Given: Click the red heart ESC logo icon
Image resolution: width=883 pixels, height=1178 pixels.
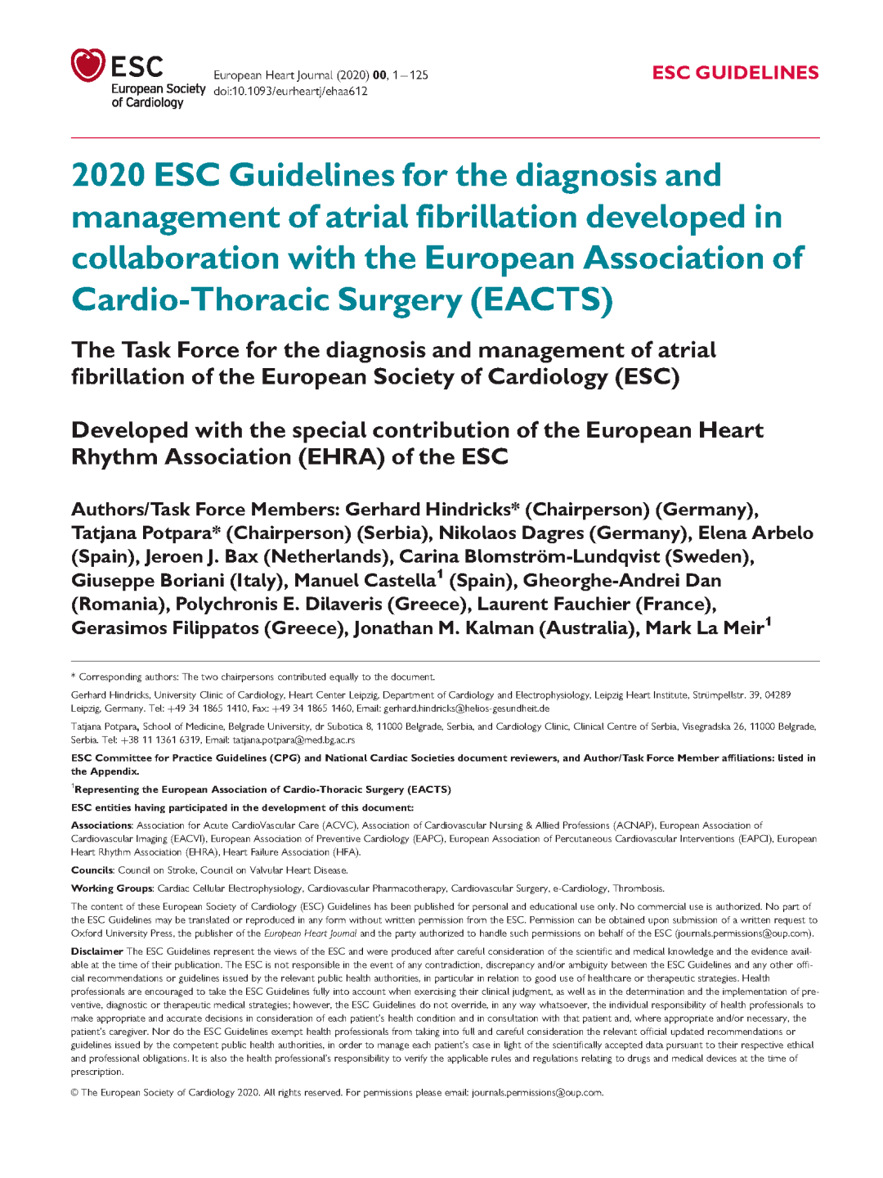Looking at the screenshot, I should (87, 65).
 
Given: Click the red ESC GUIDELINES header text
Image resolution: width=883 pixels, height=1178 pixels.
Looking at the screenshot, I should (735, 73).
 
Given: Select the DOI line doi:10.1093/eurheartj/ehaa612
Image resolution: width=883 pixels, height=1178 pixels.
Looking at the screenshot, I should (290, 91).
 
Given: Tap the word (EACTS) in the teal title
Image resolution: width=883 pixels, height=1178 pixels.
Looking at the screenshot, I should (541, 299).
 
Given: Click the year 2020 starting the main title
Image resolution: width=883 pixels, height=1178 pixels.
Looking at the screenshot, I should (108, 175).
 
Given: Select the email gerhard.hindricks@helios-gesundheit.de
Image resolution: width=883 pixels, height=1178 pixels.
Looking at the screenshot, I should (466, 708).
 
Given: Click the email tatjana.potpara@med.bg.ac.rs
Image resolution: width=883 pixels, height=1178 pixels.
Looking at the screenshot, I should (294, 740).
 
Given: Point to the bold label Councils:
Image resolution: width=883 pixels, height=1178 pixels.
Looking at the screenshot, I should (92, 870).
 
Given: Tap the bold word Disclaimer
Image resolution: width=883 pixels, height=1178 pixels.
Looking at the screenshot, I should (96, 951).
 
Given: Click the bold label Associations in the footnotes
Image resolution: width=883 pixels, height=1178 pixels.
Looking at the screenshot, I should (101, 825).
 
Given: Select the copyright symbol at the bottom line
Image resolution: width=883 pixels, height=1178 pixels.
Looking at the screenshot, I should (74, 1093).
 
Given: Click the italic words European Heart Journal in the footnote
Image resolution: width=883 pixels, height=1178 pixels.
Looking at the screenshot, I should (310, 933).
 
